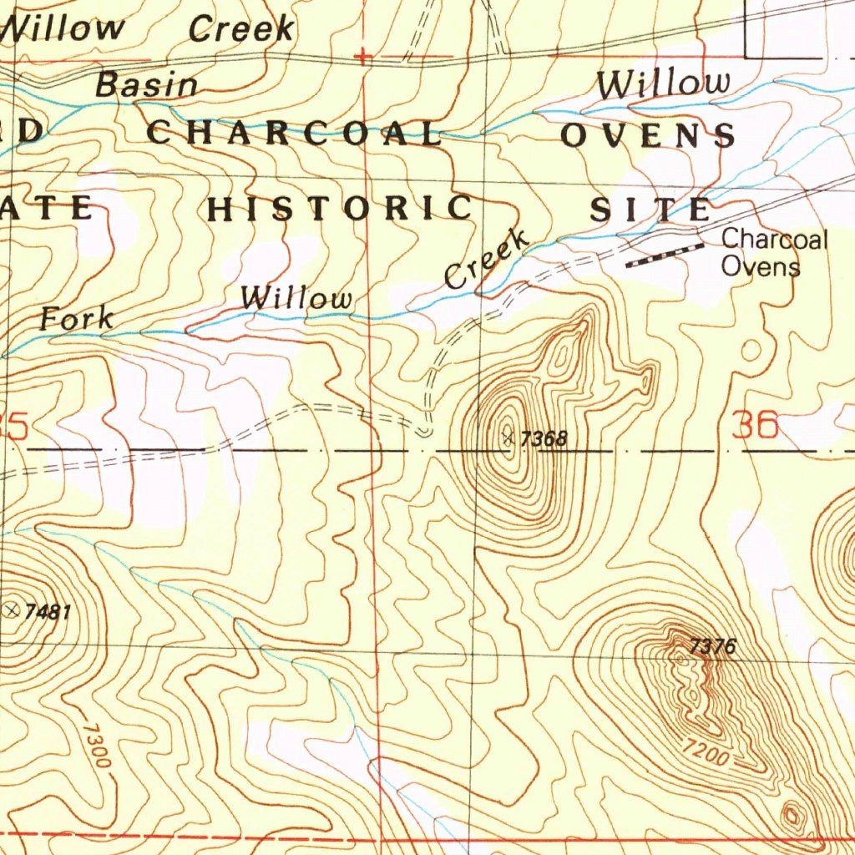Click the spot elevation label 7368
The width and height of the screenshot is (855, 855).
click(x=544, y=439)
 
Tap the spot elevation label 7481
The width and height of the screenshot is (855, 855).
click(x=48, y=612)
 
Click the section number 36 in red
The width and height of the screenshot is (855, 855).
click(x=754, y=427)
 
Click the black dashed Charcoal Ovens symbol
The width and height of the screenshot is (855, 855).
click(x=665, y=255)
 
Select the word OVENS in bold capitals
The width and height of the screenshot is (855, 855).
click(x=648, y=135)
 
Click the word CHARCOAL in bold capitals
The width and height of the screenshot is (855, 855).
click(x=294, y=134)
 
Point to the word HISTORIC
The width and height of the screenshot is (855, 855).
click(x=341, y=209)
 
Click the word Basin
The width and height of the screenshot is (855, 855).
click(x=147, y=84)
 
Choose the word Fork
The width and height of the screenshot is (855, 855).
click(x=77, y=317)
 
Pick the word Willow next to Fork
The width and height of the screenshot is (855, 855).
click(x=296, y=298)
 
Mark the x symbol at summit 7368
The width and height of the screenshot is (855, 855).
click(x=508, y=437)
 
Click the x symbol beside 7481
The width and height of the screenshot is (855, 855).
click(x=13, y=611)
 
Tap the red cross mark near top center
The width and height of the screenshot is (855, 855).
click(x=362, y=58)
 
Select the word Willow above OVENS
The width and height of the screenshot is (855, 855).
click(x=663, y=83)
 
